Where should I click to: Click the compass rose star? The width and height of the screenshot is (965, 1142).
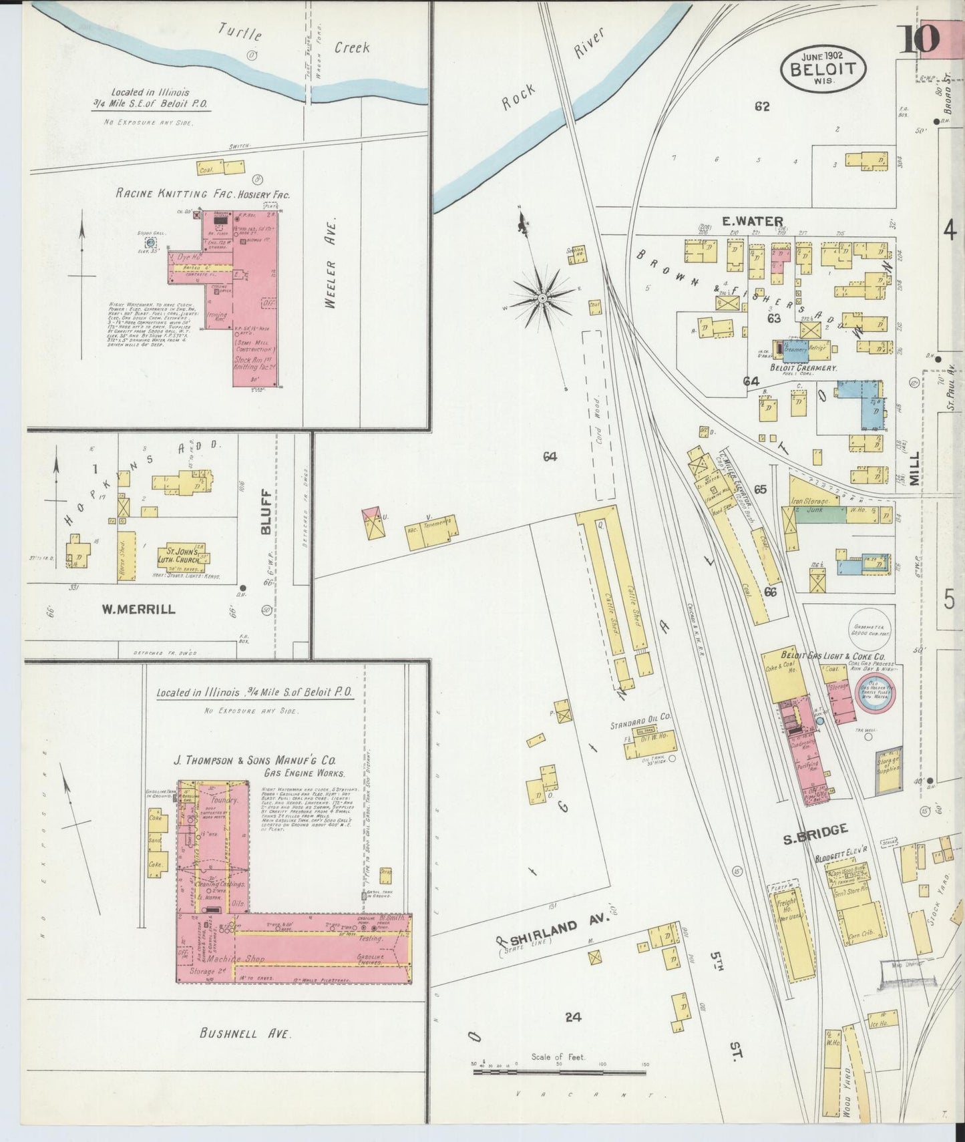pyautogui.click(x=543, y=297)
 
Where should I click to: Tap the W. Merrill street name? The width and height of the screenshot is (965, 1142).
pyautogui.click(x=138, y=608)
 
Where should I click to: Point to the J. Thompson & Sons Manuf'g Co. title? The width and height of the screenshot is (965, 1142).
pyautogui.click(x=254, y=761)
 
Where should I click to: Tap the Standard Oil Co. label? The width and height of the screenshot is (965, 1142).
pyautogui.click(x=640, y=718)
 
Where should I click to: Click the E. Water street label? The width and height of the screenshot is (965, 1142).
pyautogui.click(x=751, y=221)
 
